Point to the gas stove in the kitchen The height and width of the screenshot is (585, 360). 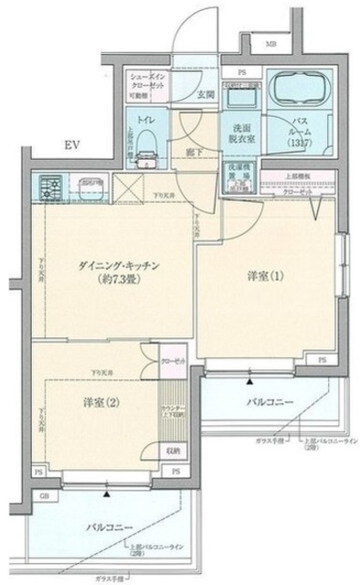[50, 186]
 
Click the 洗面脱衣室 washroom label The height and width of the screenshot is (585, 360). [240, 132]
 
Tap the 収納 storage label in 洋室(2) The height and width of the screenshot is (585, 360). [173, 451]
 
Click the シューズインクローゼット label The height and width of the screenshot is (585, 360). [146, 80]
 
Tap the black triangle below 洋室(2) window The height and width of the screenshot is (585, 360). [107, 495]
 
